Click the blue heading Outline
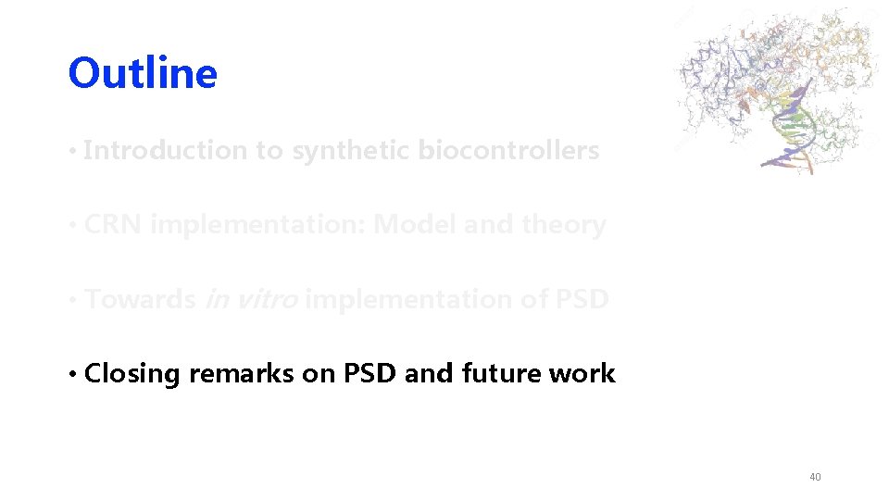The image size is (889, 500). click(x=143, y=73)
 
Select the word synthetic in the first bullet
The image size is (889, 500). click(x=351, y=150)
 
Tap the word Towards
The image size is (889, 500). click(x=140, y=300)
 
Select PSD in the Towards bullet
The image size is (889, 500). click(x=581, y=300)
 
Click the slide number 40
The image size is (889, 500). click(x=815, y=477)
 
